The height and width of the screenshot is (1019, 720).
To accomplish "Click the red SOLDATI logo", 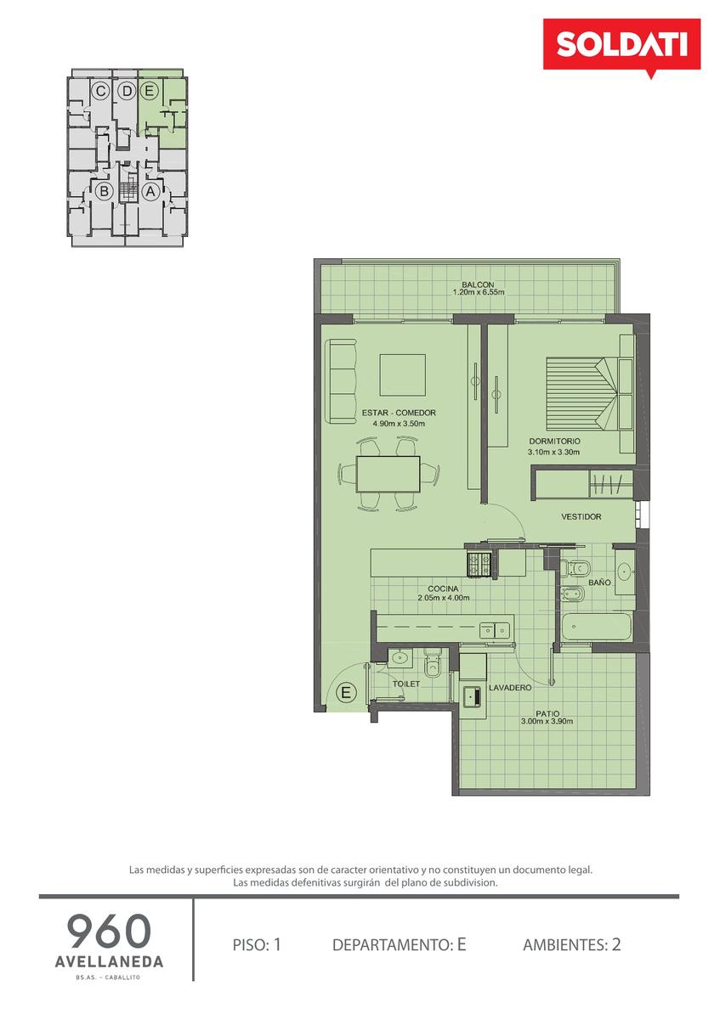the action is point(621,46).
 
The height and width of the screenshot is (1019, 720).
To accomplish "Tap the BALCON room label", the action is point(478,284).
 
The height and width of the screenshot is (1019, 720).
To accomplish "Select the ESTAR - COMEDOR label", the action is point(399,413).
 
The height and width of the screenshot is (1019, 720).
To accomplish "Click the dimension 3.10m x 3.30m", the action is point(553,452).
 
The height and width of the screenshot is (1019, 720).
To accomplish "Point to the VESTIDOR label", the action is point(581,517).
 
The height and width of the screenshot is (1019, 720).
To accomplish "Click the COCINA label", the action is point(443,589).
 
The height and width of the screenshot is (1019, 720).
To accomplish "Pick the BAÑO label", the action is point(599,583).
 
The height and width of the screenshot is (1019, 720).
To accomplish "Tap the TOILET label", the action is point(406,684).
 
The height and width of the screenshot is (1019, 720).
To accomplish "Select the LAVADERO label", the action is point(510,688).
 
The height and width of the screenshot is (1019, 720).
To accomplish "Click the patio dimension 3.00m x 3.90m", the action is point(547,722).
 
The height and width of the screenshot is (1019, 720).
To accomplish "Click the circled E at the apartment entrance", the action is point(346,693).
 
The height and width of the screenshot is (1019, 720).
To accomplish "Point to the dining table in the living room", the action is point(388,474).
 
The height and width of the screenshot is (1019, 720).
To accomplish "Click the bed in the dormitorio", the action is point(582,393).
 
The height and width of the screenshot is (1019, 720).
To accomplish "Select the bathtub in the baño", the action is point(596,627).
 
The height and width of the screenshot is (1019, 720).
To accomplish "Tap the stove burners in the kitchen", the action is point(479,564).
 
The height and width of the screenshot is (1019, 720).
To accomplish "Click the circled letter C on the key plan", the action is point(100,92).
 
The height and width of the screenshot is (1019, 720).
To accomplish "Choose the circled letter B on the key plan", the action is point(105,192).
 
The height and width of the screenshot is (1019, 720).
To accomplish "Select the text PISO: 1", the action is point(257,945).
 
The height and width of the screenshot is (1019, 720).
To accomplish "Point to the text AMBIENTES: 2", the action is point(571,945).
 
